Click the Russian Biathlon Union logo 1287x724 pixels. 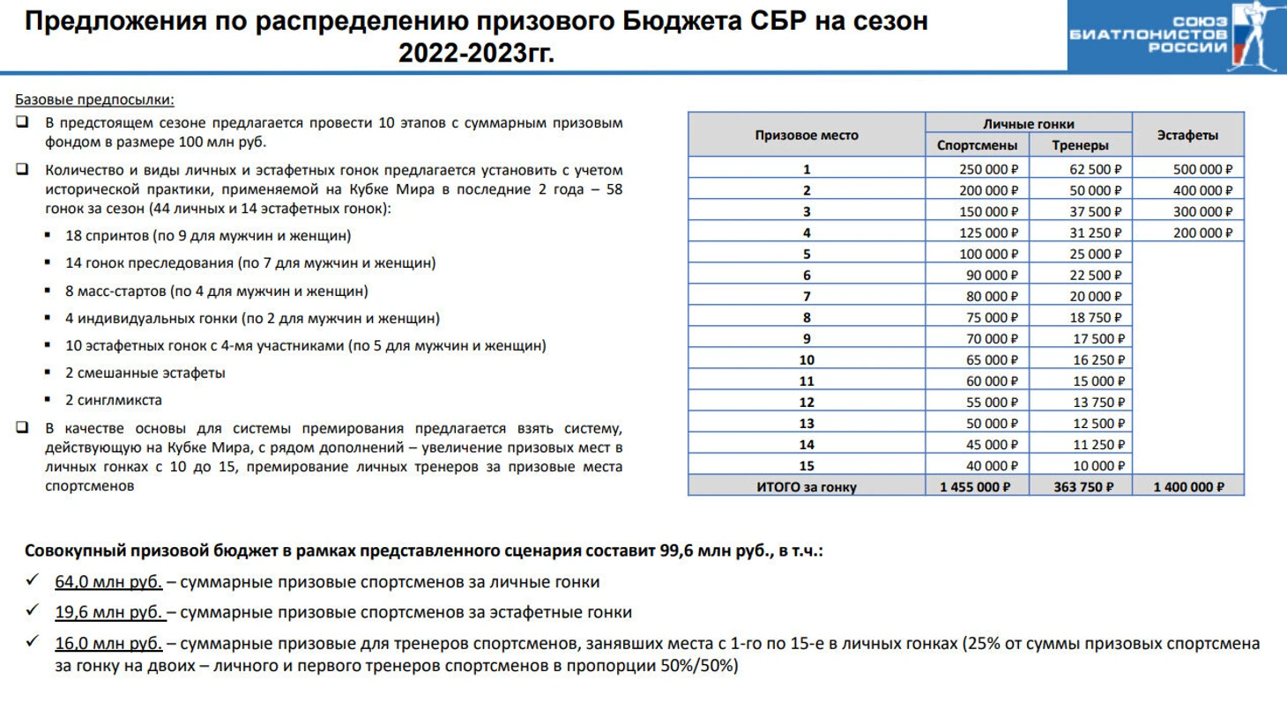point(1176,36)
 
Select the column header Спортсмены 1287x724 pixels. point(977,145)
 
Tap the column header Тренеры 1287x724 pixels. point(1080,145)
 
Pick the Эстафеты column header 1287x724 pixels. point(1187,135)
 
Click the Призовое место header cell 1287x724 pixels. point(806,135)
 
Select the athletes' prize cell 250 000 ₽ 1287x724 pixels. point(988,169)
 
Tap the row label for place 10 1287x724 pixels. point(806,359)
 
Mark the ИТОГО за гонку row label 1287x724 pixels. point(806,487)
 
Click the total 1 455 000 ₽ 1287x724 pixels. point(975,487)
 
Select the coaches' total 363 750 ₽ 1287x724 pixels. point(1083,487)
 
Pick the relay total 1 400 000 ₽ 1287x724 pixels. point(1188,487)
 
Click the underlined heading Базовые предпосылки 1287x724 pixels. point(94,100)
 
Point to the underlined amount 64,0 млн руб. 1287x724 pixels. point(108,581)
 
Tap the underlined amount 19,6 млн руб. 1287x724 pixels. point(108,612)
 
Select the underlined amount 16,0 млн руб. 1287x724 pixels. point(108,644)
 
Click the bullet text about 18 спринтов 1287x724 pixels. point(208,235)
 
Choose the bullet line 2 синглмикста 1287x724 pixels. point(114,400)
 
